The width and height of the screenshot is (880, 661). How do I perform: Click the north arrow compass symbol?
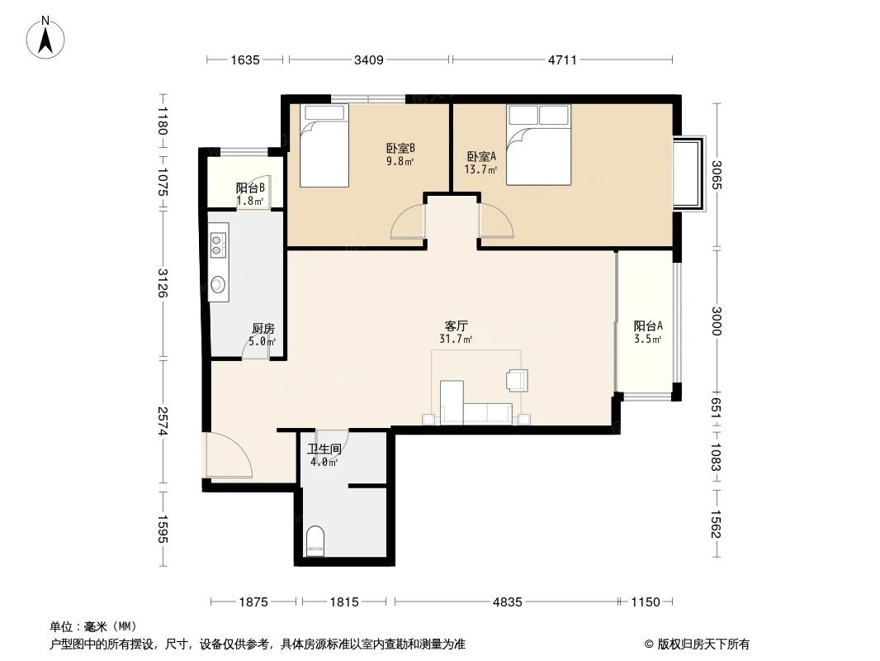(x=45, y=37)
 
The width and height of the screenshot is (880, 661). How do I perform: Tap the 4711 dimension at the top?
(x=562, y=59)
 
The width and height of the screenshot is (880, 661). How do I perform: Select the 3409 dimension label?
(x=369, y=59)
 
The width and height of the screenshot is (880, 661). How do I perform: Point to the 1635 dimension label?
(x=244, y=59)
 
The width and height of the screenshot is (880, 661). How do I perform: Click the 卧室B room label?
(x=400, y=149)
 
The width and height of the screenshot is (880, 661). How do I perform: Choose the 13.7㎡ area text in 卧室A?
(x=480, y=169)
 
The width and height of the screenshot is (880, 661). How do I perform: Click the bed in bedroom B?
(x=324, y=145)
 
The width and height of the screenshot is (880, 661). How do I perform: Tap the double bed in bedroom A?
(x=539, y=145)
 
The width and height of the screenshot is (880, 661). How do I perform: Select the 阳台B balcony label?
(x=250, y=188)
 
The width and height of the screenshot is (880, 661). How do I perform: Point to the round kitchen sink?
(x=218, y=284)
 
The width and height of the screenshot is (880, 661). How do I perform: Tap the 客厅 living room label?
(x=456, y=326)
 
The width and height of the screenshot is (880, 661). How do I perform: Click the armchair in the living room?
(x=517, y=379)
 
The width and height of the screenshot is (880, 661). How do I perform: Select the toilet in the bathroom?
(x=315, y=540)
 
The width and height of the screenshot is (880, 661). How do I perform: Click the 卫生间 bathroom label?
(x=324, y=449)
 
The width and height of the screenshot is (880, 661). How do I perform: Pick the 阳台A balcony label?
(x=648, y=326)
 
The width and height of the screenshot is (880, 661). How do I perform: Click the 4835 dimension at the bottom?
(x=508, y=602)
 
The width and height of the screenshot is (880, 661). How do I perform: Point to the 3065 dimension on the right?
(x=716, y=174)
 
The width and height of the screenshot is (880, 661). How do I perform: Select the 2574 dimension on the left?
(x=163, y=421)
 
